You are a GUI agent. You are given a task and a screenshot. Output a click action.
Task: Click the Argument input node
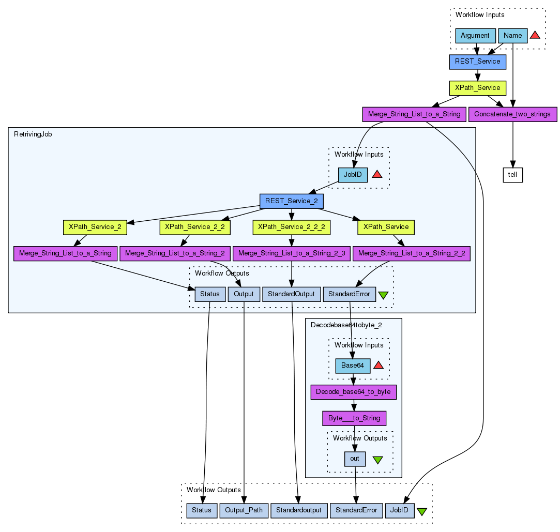475,36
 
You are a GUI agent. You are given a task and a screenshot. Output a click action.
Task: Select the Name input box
512,36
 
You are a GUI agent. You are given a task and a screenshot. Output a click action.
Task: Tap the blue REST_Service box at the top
477,62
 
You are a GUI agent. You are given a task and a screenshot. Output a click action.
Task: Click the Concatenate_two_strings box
512,114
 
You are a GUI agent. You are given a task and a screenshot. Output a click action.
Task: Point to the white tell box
512,175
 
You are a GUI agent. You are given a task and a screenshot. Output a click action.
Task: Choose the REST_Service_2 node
292,201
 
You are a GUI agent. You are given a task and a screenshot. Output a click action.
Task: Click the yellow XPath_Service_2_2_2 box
292,227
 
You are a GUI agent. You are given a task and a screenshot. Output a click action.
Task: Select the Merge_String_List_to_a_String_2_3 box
292,253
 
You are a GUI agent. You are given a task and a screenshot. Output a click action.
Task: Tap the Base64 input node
353,366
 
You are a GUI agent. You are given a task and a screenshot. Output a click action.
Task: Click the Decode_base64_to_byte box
354,392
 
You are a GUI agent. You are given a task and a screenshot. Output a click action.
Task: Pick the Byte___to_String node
354,418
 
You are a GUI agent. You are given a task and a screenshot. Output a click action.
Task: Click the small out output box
355,459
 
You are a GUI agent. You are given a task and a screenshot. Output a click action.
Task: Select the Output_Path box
244,510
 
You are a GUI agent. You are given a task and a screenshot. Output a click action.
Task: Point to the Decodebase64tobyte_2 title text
346,325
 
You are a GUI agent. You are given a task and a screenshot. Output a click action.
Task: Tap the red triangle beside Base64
378,366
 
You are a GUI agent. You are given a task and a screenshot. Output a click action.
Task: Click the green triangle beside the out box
377,460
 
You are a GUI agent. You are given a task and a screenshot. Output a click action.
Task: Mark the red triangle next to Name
535,35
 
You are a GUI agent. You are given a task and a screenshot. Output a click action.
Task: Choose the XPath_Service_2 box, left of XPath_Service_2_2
95,227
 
